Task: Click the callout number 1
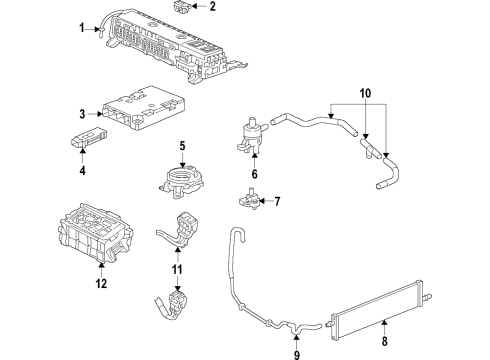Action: pyautogui.click(x=83, y=27)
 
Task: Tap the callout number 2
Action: pyautogui.click(x=212, y=7)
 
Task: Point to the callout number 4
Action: pyautogui.click(x=84, y=171)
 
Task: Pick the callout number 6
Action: pyautogui.click(x=254, y=174)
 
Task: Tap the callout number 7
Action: pyautogui.click(x=278, y=202)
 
